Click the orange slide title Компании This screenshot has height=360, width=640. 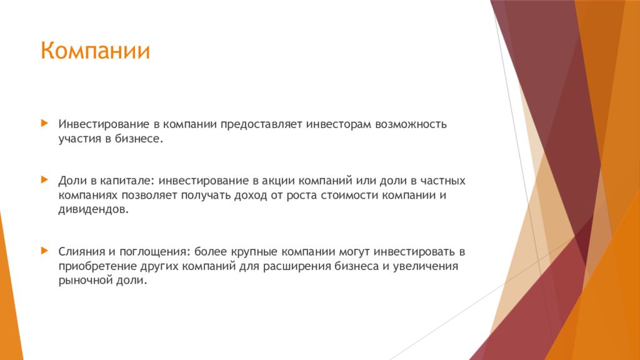(95, 51)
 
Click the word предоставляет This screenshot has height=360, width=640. (261, 124)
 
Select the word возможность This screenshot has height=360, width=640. (411, 124)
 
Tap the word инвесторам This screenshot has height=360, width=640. (339, 124)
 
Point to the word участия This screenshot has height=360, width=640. (80, 139)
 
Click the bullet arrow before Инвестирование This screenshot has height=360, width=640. (44, 123)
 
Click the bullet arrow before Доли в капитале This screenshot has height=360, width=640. (44, 179)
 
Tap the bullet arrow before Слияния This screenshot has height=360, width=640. (44, 251)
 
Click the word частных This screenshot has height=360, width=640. (443, 181)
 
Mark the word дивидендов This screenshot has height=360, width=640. (94, 210)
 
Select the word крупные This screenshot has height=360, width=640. (254, 252)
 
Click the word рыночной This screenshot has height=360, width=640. (86, 281)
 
